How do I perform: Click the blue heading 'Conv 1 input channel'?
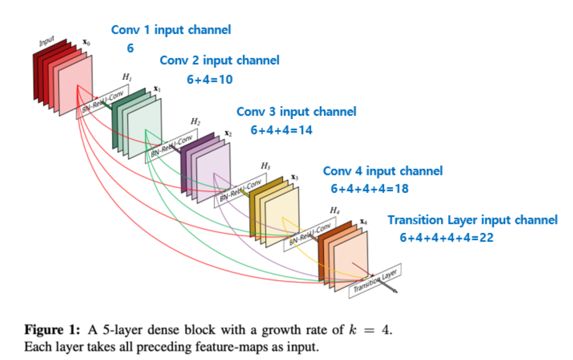[171, 30]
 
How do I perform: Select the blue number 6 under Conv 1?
[130, 49]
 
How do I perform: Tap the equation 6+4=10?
[210, 80]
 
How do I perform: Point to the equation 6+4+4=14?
[281, 130]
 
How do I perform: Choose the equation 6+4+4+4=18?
[370, 189]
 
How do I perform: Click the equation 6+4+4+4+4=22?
[446, 238]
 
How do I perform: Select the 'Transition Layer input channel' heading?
[472, 220]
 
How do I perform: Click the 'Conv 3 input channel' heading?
[296, 112]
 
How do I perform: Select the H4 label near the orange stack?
[334, 211]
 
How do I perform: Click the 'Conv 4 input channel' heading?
[383, 171]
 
